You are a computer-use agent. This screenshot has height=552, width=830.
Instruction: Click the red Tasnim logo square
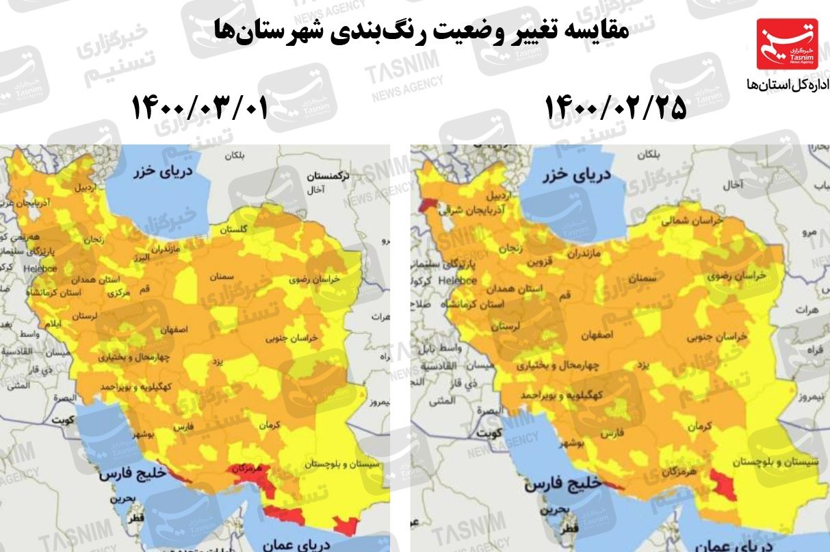786,44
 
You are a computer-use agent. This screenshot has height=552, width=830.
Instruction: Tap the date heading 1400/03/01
198,108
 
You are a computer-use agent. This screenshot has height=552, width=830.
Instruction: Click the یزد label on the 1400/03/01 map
217,362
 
